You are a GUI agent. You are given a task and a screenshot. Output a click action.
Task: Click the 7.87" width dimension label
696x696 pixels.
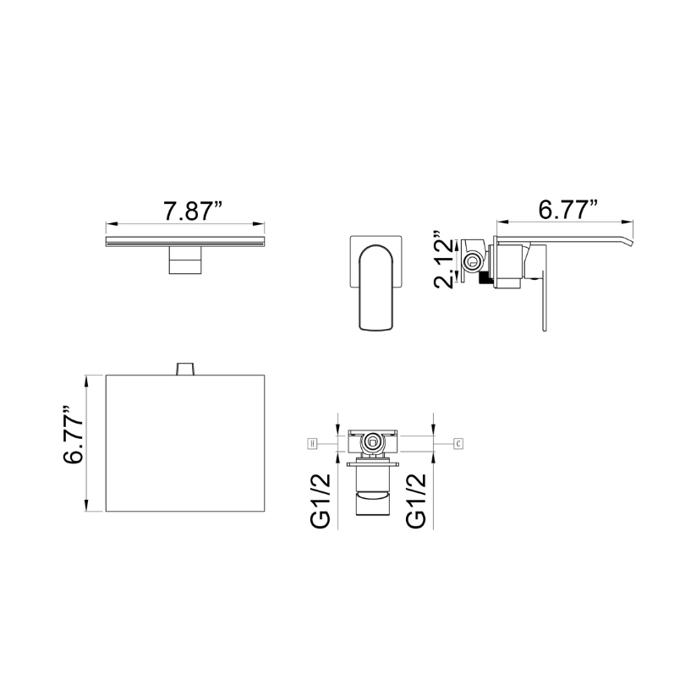click(x=193, y=211)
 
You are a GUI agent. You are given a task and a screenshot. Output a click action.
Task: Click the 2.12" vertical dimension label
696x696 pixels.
click(x=446, y=260)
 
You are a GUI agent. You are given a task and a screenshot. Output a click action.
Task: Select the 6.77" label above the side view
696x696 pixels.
click(x=567, y=210)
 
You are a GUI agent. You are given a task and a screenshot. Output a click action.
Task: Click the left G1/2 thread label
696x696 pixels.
click(x=321, y=501)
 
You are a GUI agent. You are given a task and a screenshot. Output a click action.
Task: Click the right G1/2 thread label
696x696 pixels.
click(x=416, y=501)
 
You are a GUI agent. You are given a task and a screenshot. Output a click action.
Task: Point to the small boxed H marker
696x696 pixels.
click(x=313, y=443)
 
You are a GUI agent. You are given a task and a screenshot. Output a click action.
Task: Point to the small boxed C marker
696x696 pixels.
click(x=458, y=443)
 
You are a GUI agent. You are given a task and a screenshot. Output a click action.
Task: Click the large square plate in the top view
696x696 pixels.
click(x=185, y=443)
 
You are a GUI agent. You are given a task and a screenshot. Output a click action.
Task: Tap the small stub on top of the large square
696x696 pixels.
click(x=186, y=369)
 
